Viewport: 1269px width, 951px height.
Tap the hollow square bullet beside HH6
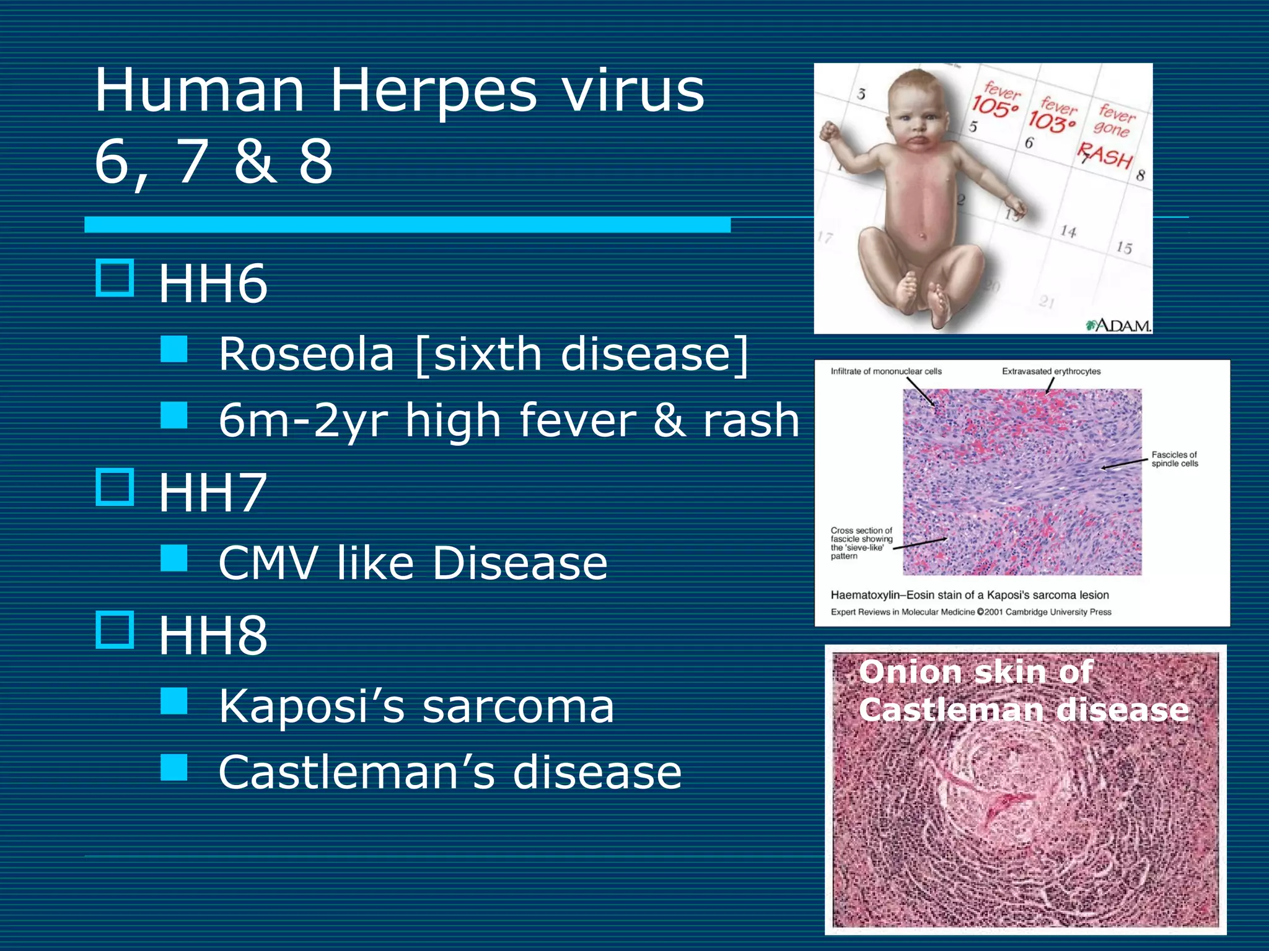115,278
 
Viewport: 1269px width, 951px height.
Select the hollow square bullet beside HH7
115,487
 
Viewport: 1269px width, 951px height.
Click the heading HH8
213,636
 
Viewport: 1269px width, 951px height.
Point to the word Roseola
307,355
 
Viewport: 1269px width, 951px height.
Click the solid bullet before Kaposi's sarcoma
174,701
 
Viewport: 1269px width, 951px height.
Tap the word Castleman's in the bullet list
357,773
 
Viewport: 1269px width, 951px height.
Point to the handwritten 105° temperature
995,106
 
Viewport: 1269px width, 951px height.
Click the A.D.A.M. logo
1119,325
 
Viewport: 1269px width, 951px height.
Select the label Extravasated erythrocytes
1051,371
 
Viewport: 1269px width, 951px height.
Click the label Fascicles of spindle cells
1174,459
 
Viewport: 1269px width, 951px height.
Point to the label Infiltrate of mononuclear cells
886,371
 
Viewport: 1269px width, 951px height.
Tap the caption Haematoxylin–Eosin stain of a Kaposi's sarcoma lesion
970,595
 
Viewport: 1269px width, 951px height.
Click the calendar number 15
1124,248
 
